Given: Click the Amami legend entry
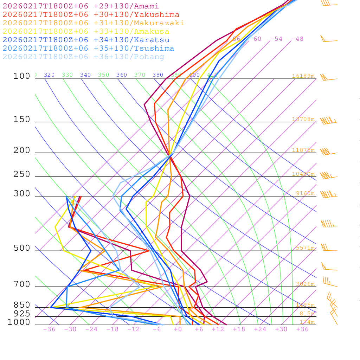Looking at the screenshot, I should coord(81,6).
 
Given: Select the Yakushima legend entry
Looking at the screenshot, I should coord(91,15).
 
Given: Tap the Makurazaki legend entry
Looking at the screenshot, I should coord(94,23).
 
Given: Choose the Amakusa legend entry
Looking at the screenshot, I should coord(86,32).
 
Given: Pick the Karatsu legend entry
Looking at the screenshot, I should coord(86,40).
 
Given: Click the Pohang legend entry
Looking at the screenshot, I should coord(84,57).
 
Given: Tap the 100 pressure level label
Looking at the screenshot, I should coord(22,76).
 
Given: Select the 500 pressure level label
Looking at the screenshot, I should coord(22,249).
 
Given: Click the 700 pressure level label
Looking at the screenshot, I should coord(22,284).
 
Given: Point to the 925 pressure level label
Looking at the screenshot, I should coord(22,314).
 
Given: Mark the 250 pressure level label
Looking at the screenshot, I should coord(22,174).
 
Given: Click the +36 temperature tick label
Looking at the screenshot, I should coord(302,329).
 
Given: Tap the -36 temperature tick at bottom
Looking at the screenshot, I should coord(49,329).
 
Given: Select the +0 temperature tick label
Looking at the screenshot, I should coord(178,329).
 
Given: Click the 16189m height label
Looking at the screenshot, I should coord(303,76).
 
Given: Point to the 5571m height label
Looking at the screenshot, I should coord(305,248).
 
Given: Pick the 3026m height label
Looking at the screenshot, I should coord(305,284).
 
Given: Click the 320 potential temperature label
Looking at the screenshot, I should coord(49,75).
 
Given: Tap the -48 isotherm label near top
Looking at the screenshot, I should coord(297,39).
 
